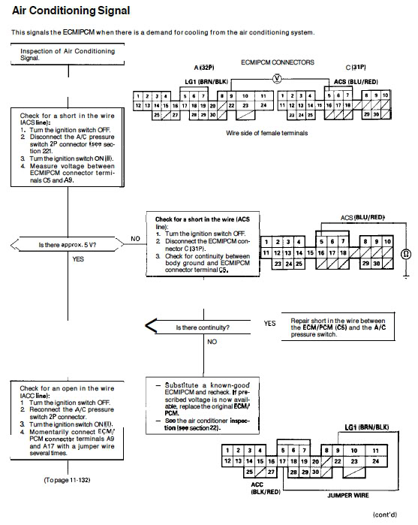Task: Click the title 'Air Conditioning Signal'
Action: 71,11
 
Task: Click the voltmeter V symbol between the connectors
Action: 277,79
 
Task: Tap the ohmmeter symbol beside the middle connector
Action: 406,255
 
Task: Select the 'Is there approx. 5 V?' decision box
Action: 68,244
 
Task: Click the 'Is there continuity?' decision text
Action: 203,327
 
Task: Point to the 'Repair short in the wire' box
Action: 338,327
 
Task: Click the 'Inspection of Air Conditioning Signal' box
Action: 68,54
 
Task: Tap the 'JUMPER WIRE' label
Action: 348,495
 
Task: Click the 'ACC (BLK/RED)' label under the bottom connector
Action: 266,488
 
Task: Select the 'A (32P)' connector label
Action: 204,68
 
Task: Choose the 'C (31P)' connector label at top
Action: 356,68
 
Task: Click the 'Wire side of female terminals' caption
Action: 266,133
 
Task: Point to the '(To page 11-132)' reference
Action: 67,480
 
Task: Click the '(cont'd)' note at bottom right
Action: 385,514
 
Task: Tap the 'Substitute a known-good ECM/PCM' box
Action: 203,406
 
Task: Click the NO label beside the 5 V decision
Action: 135,239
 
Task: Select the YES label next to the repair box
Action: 269,324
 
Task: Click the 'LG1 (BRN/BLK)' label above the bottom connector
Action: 367,427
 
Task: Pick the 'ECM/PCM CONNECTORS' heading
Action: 278,62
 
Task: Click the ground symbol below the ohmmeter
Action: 406,276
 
